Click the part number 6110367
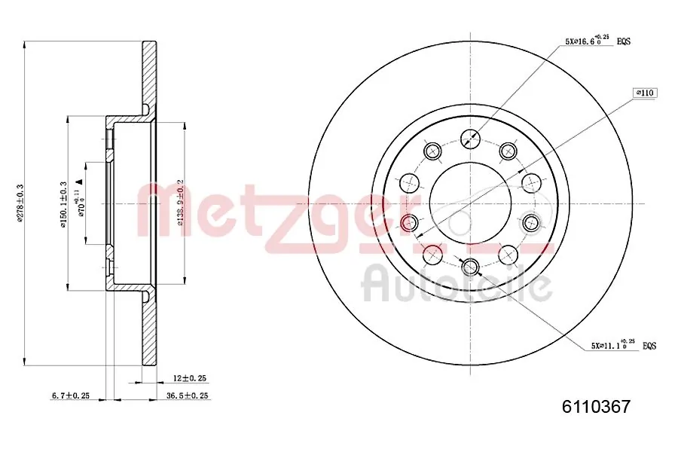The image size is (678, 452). [596, 408]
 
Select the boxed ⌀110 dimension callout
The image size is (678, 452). [646, 93]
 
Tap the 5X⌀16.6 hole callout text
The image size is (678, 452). [587, 42]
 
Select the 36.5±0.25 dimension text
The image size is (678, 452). [187, 395]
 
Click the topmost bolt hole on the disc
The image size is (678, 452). [470, 138]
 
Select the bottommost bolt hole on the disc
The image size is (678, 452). [470, 266]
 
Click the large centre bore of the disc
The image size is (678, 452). [470, 202]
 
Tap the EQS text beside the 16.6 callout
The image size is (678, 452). [625, 42]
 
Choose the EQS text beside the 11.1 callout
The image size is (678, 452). [649, 346]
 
